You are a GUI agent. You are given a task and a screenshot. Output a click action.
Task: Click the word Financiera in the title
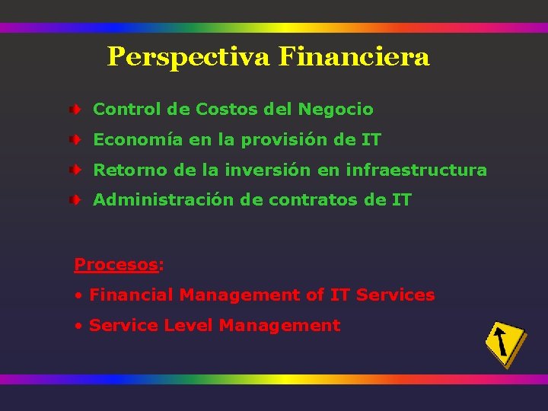click(x=354, y=56)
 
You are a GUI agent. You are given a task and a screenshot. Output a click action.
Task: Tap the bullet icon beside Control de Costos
click(x=77, y=110)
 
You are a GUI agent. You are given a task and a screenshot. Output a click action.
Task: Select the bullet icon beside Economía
click(x=77, y=141)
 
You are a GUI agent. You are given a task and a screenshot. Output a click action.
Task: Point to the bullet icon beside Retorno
click(x=77, y=170)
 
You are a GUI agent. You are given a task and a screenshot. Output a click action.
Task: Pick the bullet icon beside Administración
click(x=77, y=201)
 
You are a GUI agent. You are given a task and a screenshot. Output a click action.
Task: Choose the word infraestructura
click(x=416, y=170)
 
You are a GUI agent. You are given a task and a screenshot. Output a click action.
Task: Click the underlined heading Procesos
click(x=116, y=265)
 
